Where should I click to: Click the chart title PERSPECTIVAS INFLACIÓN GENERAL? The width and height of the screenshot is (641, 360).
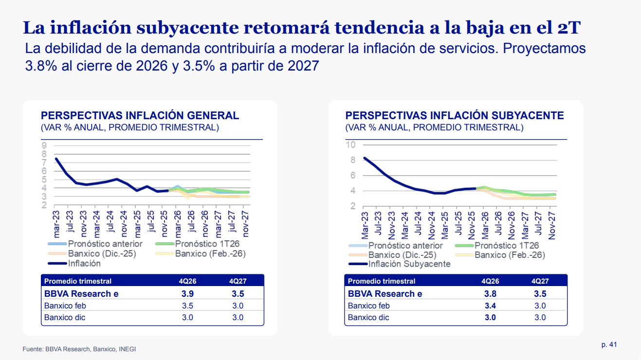[140, 115]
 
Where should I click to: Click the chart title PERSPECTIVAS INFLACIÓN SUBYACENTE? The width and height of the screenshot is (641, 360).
[455, 115]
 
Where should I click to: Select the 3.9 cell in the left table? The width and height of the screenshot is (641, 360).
[187, 294]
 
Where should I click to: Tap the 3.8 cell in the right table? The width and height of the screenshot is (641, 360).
[490, 294]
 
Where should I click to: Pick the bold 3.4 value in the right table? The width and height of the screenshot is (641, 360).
[490, 306]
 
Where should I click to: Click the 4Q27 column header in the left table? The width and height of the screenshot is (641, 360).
[238, 281]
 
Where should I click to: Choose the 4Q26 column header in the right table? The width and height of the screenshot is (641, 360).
[490, 281]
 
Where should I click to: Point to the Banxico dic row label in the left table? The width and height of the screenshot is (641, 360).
[65, 318]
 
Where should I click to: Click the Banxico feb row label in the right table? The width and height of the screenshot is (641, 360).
[368, 306]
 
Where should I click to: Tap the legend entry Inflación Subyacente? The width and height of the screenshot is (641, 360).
[409, 264]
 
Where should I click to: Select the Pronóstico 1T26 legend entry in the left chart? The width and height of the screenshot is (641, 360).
[207, 244]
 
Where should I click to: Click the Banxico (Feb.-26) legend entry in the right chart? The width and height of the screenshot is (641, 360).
[510, 255]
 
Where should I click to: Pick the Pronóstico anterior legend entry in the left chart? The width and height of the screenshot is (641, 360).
[105, 244]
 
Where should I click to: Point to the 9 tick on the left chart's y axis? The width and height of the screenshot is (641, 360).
[44, 145]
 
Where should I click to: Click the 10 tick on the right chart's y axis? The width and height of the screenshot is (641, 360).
[350, 144]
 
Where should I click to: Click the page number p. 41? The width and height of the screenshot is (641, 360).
[609, 344]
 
